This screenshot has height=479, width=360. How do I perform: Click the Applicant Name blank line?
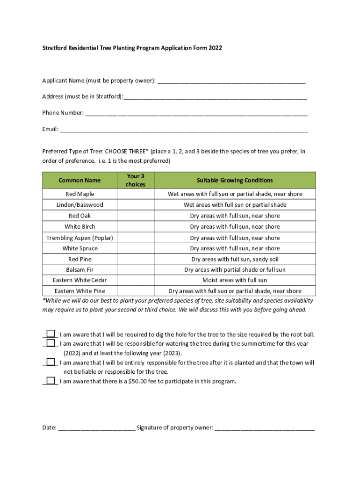(x=231, y=81)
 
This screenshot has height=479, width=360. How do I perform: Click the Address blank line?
(x=215, y=97)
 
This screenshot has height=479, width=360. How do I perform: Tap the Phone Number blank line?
(x=196, y=113)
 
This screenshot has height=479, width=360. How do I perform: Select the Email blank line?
(x=184, y=130)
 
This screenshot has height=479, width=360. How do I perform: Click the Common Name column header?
(x=79, y=181)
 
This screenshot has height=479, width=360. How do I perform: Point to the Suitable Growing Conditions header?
(x=235, y=181)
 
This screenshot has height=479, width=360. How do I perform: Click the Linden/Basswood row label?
(x=79, y=205)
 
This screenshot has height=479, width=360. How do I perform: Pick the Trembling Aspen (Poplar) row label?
(x=79, y=238)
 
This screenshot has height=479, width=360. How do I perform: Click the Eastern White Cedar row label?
(x=79, y=280)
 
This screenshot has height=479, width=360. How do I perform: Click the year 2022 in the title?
(x=216, y=48)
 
